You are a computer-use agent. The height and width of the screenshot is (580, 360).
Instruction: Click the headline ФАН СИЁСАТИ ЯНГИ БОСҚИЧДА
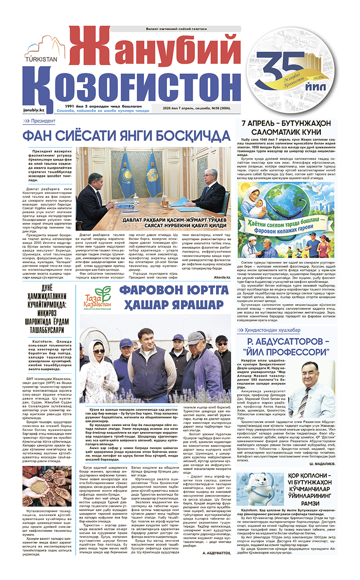pyautogui.click(x=127, y=135)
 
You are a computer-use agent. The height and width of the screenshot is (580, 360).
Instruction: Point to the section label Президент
pyautogui.click(x=43, y=121)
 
